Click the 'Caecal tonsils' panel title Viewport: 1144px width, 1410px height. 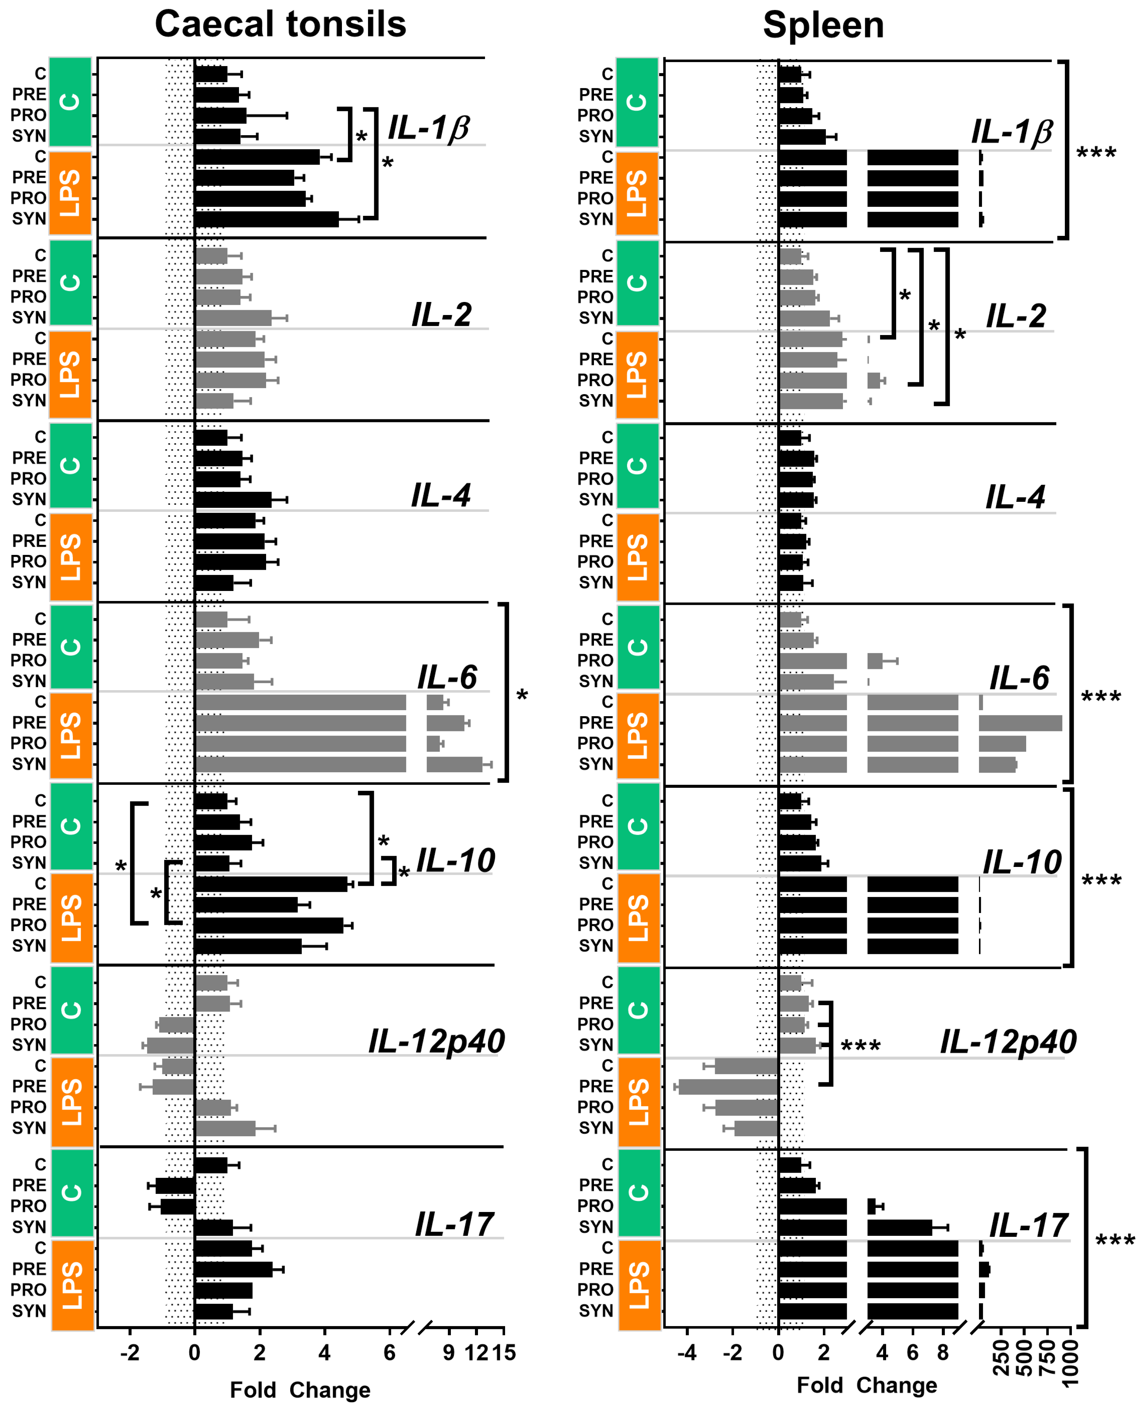pos(280,25)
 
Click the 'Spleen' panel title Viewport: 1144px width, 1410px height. pos(823,26)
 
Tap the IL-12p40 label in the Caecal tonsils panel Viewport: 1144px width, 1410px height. pos(436,1041)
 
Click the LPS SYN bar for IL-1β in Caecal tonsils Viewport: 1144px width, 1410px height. pos(266,219)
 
